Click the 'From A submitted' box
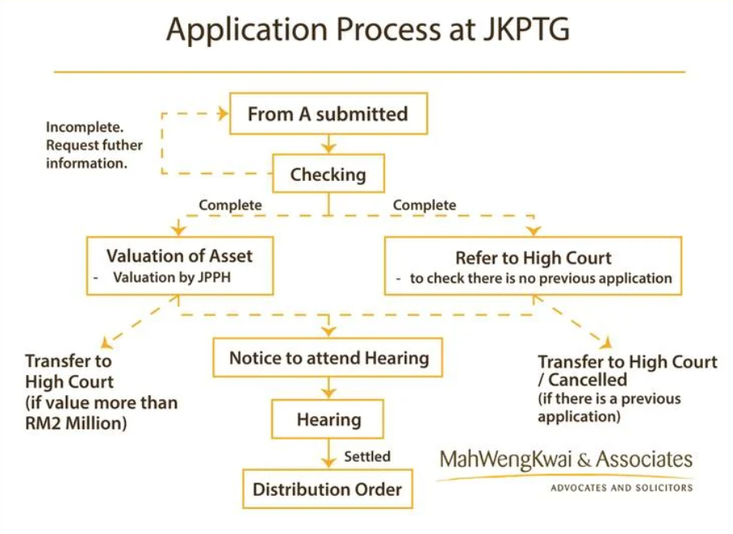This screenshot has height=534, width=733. (328, 114)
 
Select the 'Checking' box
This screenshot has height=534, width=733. (328, 174)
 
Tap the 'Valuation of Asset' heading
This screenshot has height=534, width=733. (179, 256)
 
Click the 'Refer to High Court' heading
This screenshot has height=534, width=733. (534, 258)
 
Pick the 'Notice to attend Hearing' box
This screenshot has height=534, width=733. (328, 358)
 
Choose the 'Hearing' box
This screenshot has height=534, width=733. (328, 420)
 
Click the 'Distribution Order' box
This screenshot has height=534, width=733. (328, 489)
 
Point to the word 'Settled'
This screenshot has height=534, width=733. (367, 456)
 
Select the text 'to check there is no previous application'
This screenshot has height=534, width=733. (541, 278)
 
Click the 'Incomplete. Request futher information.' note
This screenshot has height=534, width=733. (93, 145)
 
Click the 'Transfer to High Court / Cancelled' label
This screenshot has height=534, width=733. (627, 370)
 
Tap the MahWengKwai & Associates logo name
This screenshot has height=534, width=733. (566, 460)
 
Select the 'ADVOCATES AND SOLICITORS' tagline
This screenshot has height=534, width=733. (622, 488)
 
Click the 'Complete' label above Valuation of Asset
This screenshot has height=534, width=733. (230, 205)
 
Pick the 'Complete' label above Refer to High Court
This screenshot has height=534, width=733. (424, 205)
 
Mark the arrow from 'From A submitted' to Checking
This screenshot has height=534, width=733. (328, 144)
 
